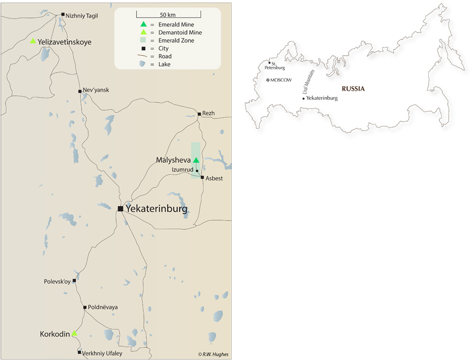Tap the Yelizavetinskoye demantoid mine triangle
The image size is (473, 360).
(33, 41)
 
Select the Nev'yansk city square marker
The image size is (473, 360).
(79, 91)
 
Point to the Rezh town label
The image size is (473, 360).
(209, 114)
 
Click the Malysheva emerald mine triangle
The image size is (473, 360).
(196, 160)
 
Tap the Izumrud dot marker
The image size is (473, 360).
(197, 171)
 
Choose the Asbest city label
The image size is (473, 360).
(214, 178)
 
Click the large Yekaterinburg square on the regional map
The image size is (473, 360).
(121, 209)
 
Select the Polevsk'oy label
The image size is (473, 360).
(57, 281)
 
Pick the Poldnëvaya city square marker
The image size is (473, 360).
(85, 307)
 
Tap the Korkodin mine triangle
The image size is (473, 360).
(74, 334)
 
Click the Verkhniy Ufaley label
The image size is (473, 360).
(102, 353)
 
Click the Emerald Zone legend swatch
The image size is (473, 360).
(143, 40)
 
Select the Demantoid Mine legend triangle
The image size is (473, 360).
(143, 32)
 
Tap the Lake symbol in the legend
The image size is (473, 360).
(143, 64)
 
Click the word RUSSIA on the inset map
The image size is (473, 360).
(353, 88)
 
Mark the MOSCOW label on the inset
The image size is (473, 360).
(281, 80)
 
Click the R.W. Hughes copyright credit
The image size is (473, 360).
(213, 354)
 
